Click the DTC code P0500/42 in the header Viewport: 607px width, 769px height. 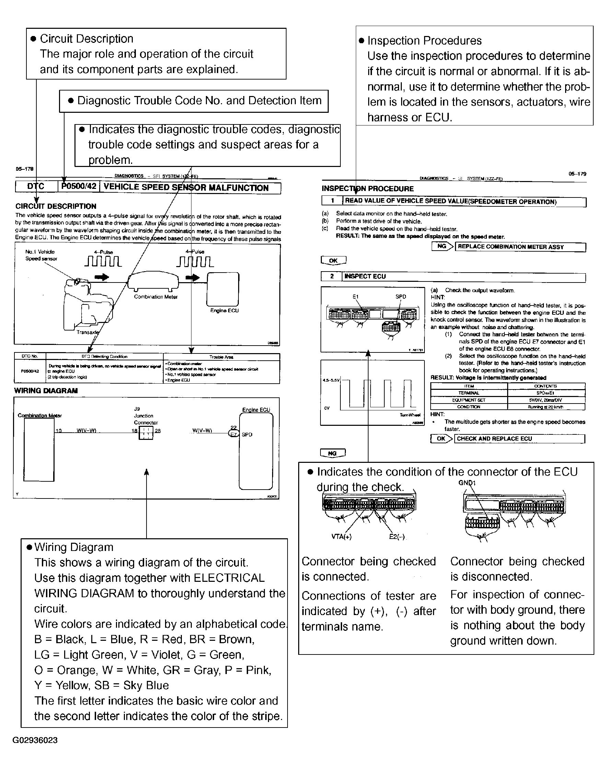tap(79, 187)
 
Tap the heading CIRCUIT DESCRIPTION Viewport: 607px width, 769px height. tap(56, 206)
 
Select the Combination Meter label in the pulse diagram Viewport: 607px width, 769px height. tap(156, 297)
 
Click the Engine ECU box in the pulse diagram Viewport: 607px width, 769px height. tap(223, 289)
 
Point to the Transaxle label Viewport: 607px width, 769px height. tap(87, 332)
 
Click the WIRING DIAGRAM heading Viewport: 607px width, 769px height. tap(46, 390)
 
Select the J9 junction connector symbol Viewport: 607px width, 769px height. tap(146, 433)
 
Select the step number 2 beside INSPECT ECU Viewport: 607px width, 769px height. tap(332, 276)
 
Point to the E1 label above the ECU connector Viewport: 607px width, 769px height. tap(356, 297)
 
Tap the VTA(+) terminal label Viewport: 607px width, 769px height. tap(341, 537)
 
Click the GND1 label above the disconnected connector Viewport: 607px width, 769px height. tap(467, 483)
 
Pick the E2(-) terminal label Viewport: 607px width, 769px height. tap(397, 537)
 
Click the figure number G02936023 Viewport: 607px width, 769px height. tap(35, 740)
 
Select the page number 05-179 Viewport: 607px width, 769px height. tap(577, 174)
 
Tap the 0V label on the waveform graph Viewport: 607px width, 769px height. tap(327, 408)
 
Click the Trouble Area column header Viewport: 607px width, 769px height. tap(221, 357)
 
